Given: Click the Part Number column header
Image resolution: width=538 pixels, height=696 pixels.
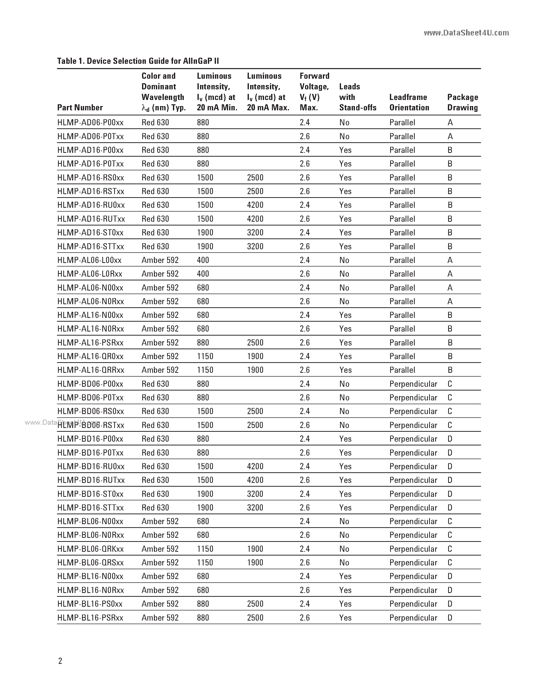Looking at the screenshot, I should [x=80, y=108].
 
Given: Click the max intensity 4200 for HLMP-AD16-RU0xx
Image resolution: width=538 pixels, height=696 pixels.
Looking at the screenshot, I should [x=255, y=205].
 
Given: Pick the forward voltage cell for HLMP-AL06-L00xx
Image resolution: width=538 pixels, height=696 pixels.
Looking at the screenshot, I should [x=304, y=260].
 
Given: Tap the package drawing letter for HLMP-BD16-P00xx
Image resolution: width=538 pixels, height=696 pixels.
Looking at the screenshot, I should [x=450, y=439].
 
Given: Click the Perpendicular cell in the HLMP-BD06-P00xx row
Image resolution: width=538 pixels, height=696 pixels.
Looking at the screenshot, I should [x=413, y=384].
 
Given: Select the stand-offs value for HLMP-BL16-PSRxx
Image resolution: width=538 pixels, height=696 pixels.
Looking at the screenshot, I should [x=345, y=618].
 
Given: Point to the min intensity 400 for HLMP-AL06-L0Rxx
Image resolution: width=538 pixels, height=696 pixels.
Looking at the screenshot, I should [x=203, y=274].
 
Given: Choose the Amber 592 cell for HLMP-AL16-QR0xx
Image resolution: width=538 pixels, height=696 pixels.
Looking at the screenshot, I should [x=160, y=356].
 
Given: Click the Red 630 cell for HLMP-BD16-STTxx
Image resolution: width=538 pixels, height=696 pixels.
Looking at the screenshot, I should [x=155, y=507].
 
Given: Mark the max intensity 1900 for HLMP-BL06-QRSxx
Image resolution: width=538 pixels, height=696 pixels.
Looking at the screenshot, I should [x=255, y=562].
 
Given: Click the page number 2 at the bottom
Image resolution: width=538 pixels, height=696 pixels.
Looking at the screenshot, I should [x=60, y=661].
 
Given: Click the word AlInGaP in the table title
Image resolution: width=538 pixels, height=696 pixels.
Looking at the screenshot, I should [x=197, y=61].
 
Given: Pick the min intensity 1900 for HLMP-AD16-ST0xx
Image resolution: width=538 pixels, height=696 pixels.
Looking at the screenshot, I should [x=205, y=233].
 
